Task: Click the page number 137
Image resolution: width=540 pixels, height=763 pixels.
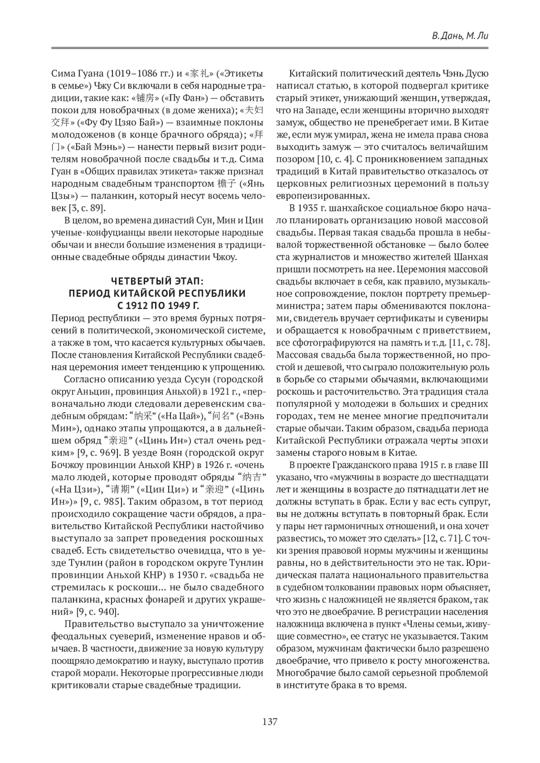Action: pyautogui.click(x=270, y=722)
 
